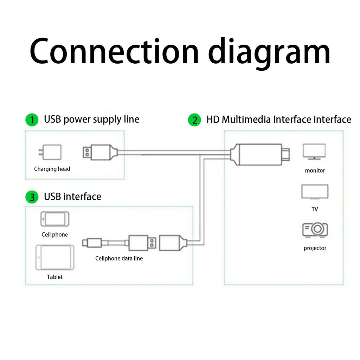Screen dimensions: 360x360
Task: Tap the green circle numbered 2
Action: (194, 120)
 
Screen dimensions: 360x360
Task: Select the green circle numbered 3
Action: (32, 197)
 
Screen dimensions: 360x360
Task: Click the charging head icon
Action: (50, 153)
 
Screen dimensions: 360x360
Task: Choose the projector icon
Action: (315, 230)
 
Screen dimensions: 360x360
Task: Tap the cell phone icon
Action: (55, 219)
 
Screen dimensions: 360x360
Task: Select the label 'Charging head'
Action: (52, 169)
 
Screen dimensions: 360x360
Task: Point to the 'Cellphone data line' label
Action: (119, 258)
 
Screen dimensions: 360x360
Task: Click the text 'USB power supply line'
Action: (91, 120)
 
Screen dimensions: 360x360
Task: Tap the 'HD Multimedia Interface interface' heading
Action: (278, 120)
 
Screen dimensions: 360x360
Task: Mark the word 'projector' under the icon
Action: (315, 248)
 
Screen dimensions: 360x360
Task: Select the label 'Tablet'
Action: (55, 277)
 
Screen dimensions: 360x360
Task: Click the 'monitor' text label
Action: (315, 171)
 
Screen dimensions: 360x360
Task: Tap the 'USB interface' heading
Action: (72, 197)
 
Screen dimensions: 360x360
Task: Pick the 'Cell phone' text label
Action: (55, 235)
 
